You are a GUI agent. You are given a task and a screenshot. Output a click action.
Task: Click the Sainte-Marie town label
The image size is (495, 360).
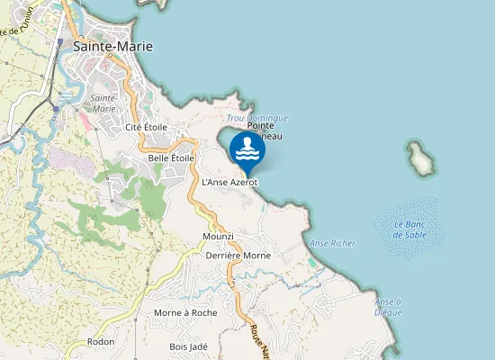coord(112,46)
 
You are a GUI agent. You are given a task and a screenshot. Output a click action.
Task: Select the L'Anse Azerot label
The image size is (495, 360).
coord(230,182)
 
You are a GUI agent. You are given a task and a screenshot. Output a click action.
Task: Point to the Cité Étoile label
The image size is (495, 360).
coord(146,128)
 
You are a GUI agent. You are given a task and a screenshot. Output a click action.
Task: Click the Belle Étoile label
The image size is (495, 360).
coord(172,158)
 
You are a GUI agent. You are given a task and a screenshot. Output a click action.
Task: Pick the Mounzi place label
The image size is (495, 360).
coord(219,236)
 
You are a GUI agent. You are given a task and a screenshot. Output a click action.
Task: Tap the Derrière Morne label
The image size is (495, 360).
coord(238,256)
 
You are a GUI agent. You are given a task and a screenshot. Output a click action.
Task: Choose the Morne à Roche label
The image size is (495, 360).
coord(185,312)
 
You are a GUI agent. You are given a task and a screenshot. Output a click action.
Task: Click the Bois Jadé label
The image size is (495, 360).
coord(189,346)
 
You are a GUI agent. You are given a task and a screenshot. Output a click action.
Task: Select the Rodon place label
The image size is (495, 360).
coord(101,342)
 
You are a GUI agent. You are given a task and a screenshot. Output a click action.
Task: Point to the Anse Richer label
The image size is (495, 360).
coord(332,243)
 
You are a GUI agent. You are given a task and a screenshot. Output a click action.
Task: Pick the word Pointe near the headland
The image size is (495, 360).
coord(260,126)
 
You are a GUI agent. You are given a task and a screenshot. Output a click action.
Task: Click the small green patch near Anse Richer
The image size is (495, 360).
coord(311,261)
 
